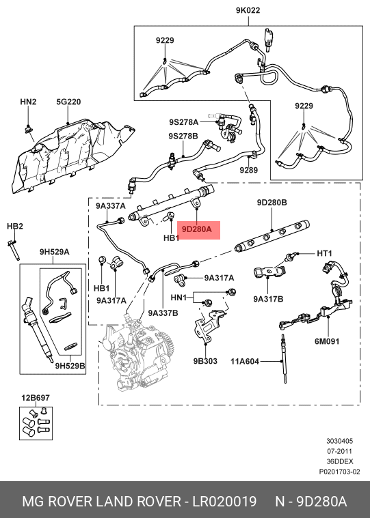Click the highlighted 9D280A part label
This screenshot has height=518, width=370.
point(197,229)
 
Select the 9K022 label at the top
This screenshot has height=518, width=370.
point(248,10)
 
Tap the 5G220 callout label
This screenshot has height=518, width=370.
point(68,102)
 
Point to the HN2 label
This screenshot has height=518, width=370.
point(28,102)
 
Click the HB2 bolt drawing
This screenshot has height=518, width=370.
point(13,250)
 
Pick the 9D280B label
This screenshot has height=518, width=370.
point(272,203)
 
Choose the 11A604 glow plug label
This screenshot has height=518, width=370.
point(245,362)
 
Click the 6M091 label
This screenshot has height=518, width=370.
point(327,341)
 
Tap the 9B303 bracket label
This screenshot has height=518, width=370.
point(205,361)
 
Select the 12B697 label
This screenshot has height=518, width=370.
point(36,398)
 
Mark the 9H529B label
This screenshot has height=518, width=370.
point(70,366)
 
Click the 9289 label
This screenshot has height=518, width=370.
point(248,170)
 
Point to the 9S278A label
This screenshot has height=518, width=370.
point(184,122)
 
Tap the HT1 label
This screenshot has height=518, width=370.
point(324,253)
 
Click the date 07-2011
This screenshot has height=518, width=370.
point(339,451)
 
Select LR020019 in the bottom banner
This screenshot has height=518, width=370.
point(225,502)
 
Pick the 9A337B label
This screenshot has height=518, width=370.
point(163,313)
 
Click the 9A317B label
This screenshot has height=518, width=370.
point(268,299)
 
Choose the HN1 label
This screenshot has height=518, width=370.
point(179,298)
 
